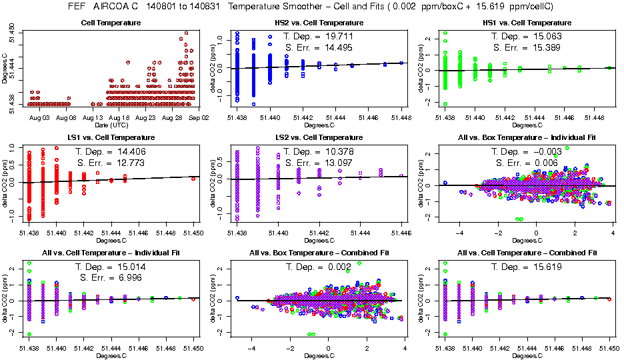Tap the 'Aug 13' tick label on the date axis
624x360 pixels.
click(x=93, y=117)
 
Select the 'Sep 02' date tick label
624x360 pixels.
click(x=199, y=117)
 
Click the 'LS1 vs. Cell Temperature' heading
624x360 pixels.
click(x=111, y=137)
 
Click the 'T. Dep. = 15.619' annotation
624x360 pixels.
click(x=523, y=267)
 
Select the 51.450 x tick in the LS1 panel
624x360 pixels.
click(x=194, y=233)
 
